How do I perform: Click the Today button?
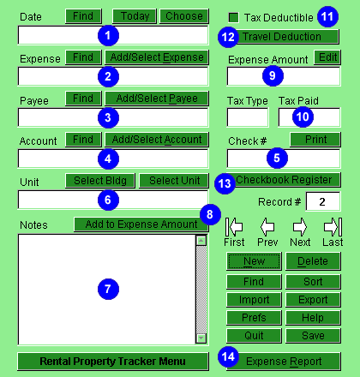[x=135, y=16]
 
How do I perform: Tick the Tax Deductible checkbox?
[x=233, y=18]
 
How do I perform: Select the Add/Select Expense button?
[x=157, y=57]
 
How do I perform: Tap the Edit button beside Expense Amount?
[x=327, y=57]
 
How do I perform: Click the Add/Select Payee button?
[x=157, y=99]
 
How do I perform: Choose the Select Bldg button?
[x=100, y=181]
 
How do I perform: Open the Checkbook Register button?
[x=284, y=180]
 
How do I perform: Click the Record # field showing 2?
[x=323, y=201]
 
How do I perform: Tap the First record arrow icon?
[x=234, y=227]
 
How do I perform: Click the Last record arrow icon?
[x=333, y=227]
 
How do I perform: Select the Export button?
[x=313, y=300]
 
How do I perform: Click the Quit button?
[x=254, y=335]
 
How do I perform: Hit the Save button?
[x=313, y=335]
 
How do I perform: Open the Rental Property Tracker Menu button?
[x=113, y=362]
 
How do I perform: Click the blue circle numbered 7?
[x=108, y=289]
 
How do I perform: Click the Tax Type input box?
[x=248, y=117]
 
